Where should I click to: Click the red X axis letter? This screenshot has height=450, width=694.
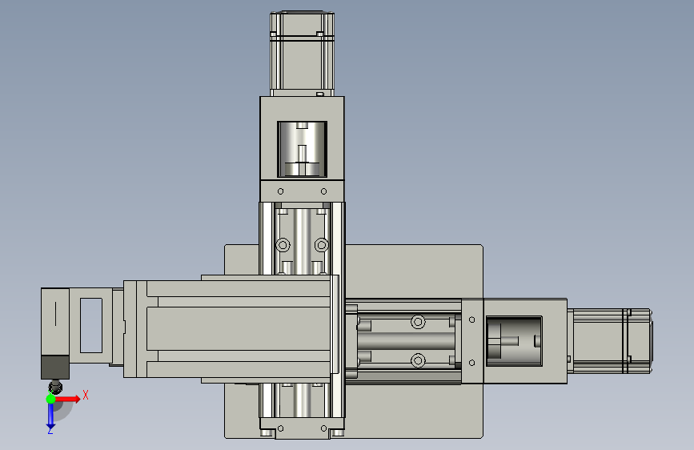point(86,395)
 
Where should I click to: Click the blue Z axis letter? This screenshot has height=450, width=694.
point(50,431)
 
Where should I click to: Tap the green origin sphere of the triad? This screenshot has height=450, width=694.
point(51,399)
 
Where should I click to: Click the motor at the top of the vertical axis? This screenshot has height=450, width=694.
point(302,54)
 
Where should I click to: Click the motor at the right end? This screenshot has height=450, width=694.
point(610,340)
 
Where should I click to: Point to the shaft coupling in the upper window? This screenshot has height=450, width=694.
point(302,149)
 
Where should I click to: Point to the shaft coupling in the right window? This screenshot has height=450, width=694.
point(514,341)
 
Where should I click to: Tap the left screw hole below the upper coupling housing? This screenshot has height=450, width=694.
point(281,191)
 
